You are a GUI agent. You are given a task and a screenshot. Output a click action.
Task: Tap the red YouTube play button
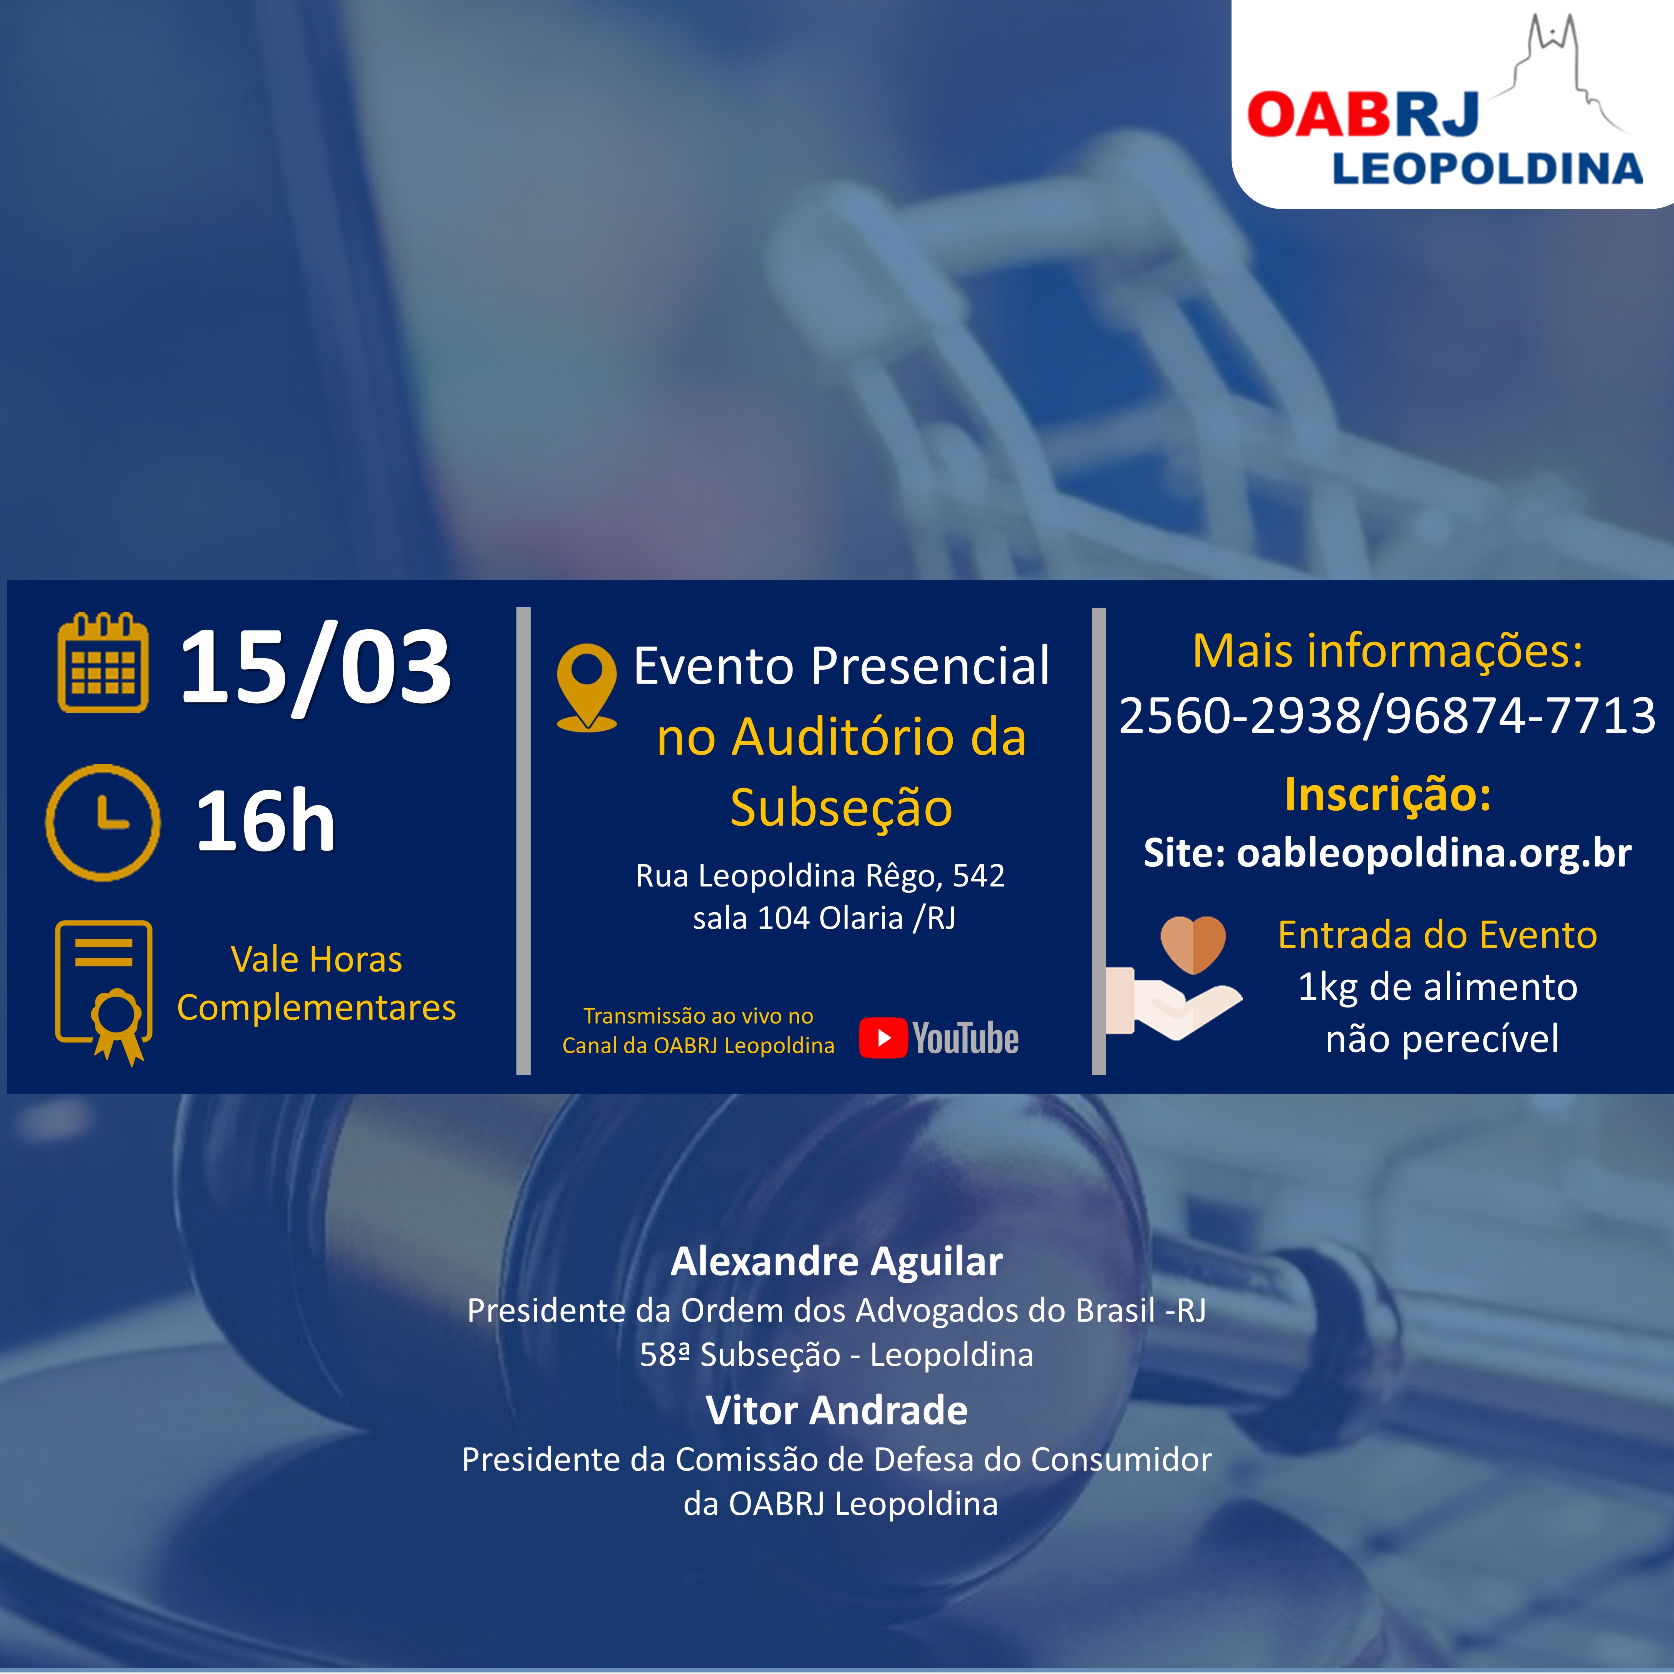point(883,1038)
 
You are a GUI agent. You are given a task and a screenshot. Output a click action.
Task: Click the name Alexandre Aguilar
point(837,1262)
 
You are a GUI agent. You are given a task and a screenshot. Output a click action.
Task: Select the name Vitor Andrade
point(837,1411)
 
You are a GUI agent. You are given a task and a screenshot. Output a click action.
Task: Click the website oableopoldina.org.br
point(1434,853)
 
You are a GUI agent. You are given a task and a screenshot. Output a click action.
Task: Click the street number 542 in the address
point(979,876)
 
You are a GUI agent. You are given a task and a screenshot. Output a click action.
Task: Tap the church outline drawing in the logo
point(1560,74)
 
